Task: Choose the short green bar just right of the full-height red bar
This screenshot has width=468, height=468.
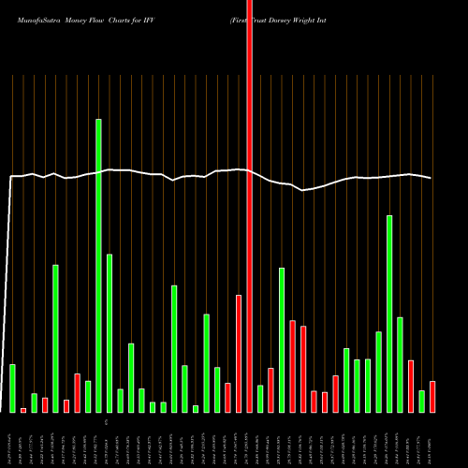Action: [x=260, y=399]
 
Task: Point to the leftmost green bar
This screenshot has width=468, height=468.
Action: [x=12, y=388]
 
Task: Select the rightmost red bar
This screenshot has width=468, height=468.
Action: [x=432, y=397]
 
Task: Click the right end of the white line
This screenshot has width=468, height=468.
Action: [x=431, y=178]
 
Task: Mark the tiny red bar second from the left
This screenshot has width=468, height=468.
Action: [x=23, y=410]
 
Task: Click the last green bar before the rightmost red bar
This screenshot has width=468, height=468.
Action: [x=422, y=402]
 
